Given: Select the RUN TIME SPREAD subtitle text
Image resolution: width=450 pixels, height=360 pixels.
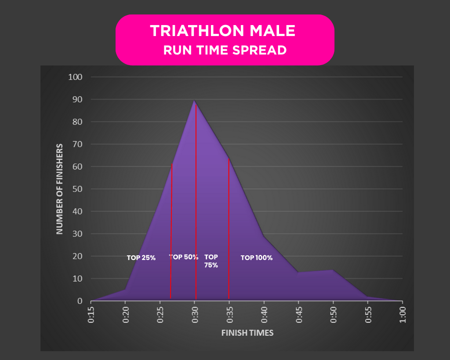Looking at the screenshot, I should pos(225,50).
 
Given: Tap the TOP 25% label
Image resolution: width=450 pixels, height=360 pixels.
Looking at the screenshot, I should pos(141,258).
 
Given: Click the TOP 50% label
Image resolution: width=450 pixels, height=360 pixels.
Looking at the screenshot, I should pos(184,257).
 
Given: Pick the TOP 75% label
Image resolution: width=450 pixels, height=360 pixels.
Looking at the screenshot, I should pos(211,261).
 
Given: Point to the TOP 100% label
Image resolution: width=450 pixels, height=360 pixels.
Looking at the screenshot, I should pos(256,258).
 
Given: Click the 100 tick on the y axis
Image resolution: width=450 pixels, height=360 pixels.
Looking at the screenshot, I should pos(75,77).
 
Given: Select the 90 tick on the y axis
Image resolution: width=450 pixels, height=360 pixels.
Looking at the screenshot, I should pos(77,100).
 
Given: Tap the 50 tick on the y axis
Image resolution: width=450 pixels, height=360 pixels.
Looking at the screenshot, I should pos(77,189).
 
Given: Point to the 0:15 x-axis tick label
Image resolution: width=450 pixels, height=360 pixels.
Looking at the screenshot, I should pos(91,315).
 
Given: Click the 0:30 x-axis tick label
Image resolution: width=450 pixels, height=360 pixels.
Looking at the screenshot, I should pos(195,315).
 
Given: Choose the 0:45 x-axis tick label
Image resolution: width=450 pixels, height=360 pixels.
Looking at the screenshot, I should pos(299,315).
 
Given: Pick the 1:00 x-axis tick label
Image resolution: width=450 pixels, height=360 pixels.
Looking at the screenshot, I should pos(403,315).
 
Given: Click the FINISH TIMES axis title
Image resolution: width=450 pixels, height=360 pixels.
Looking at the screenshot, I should pos(247,333).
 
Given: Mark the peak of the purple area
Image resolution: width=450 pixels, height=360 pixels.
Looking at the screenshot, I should pos(195,101).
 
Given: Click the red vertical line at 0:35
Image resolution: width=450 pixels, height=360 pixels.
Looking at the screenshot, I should pos(229,229).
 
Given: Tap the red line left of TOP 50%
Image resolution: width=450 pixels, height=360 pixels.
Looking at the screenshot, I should pos(171,229).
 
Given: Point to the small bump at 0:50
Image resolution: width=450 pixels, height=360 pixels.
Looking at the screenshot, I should pos(333,270).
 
